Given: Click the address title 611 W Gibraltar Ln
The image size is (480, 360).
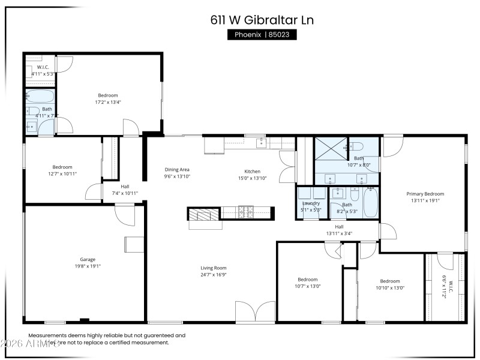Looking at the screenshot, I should pos(262,20).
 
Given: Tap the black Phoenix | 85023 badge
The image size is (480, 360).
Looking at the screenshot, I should pos(262,35).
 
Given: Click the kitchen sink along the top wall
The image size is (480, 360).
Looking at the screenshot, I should pos(261,143).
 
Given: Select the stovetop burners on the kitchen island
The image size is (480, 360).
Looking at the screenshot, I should pos(247,212).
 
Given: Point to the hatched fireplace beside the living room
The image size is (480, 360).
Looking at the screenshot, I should pos(205,215).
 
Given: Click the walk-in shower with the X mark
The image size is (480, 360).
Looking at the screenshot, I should pos(330,148).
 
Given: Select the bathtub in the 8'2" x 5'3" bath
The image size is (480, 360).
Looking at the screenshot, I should pos(370,202).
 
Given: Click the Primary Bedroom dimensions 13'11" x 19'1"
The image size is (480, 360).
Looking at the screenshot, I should pos(425,201).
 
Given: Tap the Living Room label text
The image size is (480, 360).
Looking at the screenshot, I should pos(213,268).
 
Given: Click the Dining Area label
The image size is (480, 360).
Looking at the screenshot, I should pos(177,170).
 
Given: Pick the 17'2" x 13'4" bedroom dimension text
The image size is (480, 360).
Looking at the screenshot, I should pos(108,102).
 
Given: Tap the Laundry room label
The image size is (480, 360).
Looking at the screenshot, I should pos(311,203).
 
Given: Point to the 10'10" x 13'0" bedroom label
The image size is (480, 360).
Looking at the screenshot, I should pos(389,281).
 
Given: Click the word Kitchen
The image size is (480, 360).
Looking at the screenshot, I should pos(251,171).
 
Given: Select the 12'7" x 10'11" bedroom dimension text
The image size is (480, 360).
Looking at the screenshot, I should pos(62,174).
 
